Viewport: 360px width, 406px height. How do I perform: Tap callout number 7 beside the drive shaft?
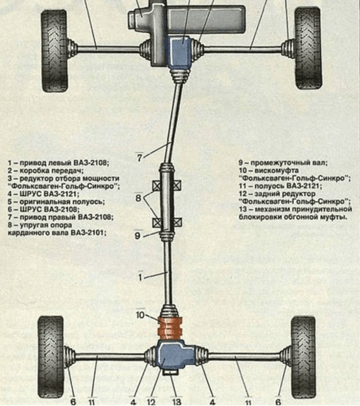pos(139,156)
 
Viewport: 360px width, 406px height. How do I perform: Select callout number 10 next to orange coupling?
pos(140,315)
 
